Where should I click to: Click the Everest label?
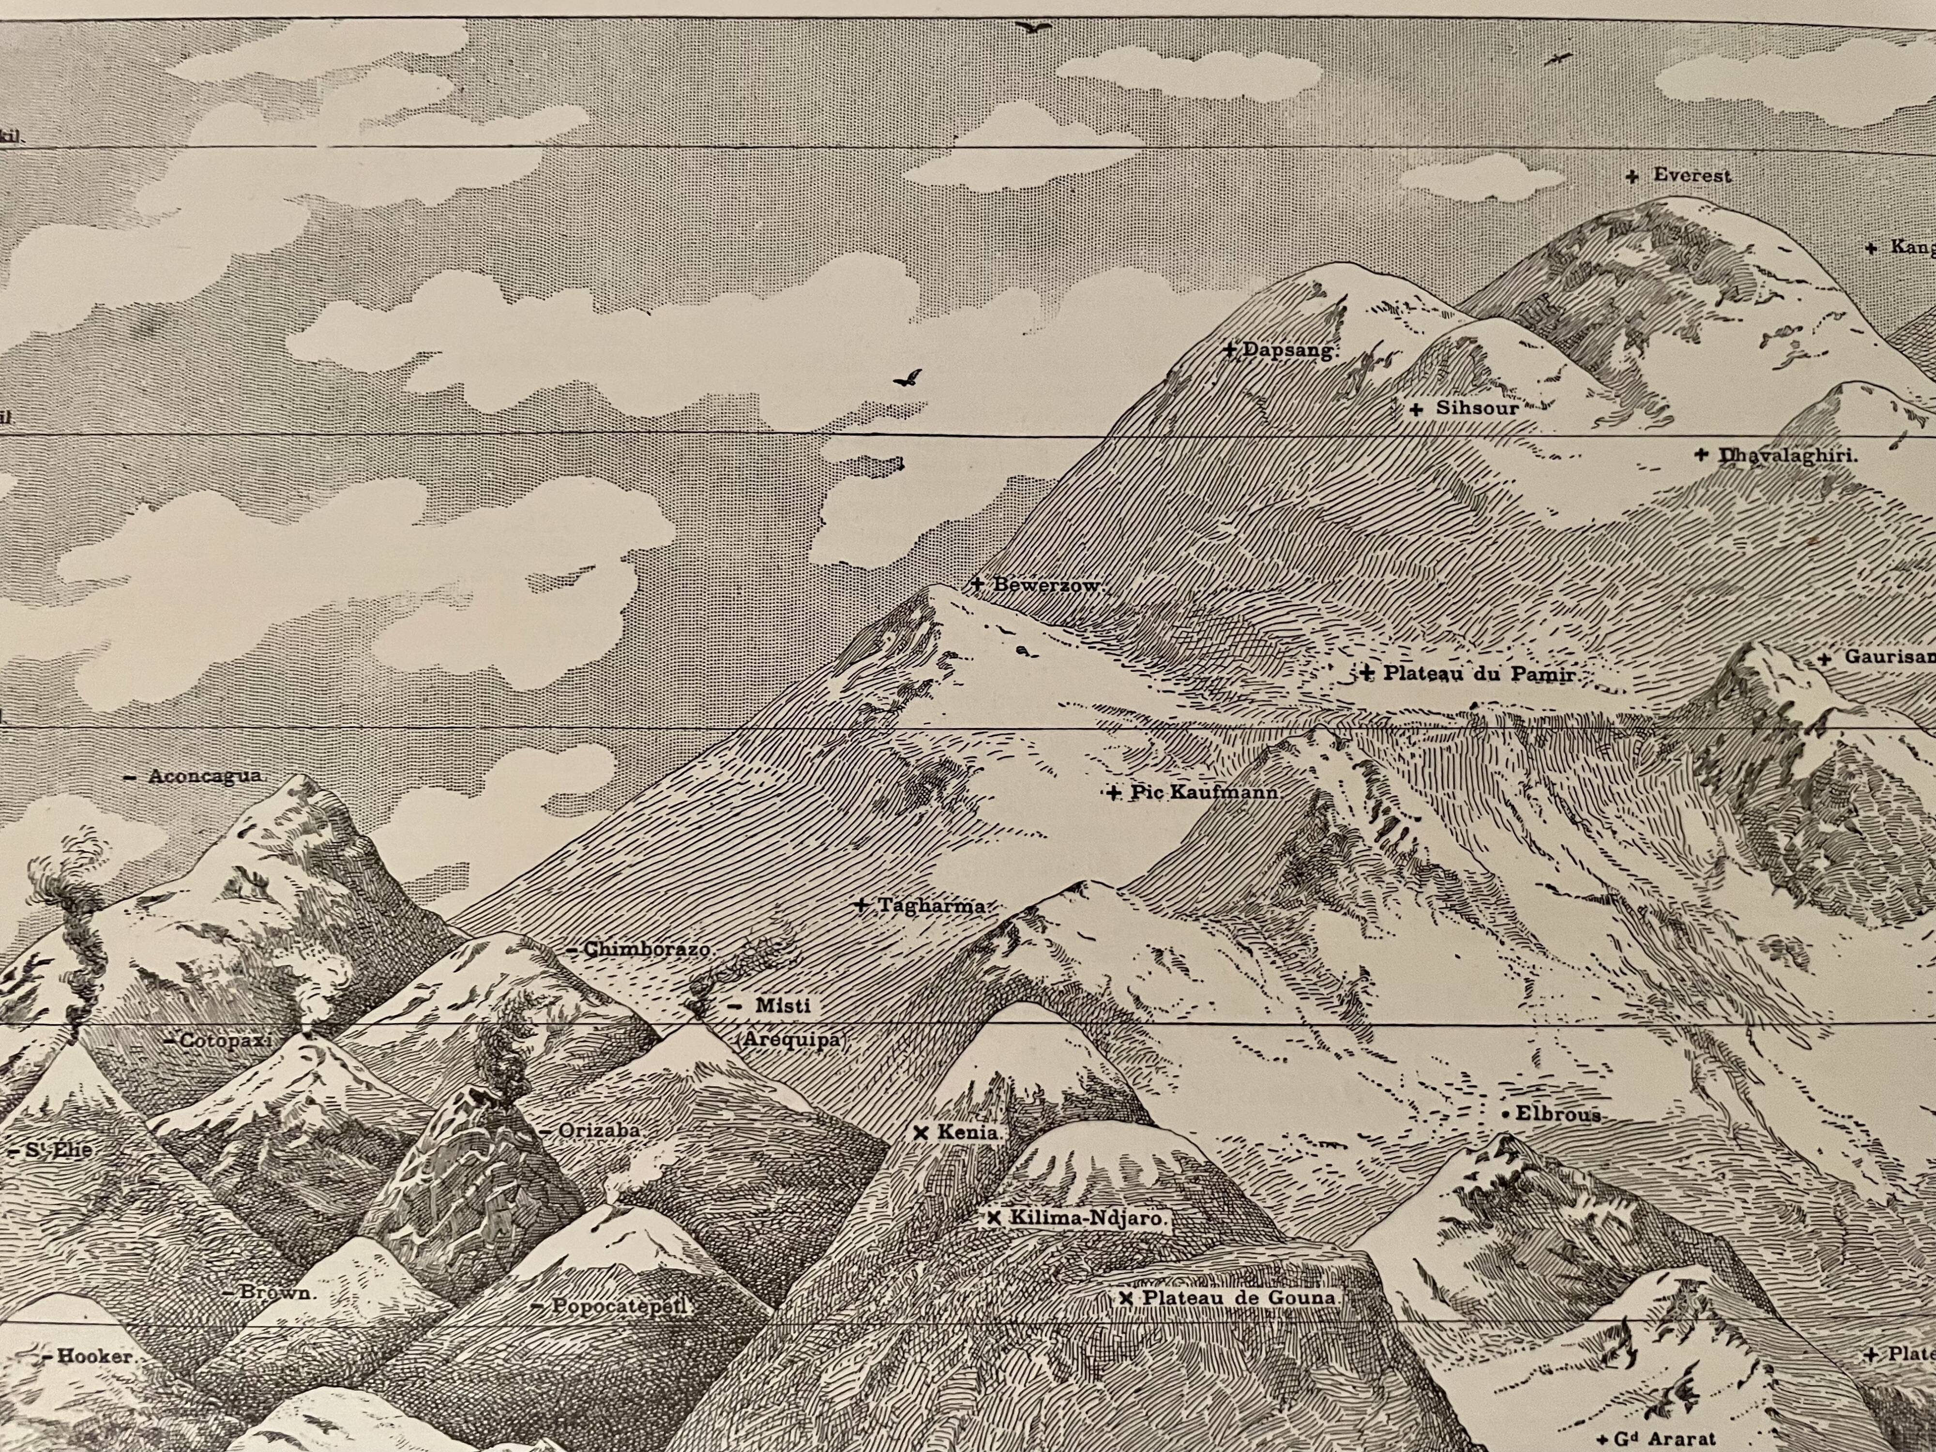1691,176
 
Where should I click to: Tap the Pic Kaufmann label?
1205,794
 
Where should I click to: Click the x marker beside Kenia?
920,1132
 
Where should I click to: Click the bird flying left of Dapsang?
907,378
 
